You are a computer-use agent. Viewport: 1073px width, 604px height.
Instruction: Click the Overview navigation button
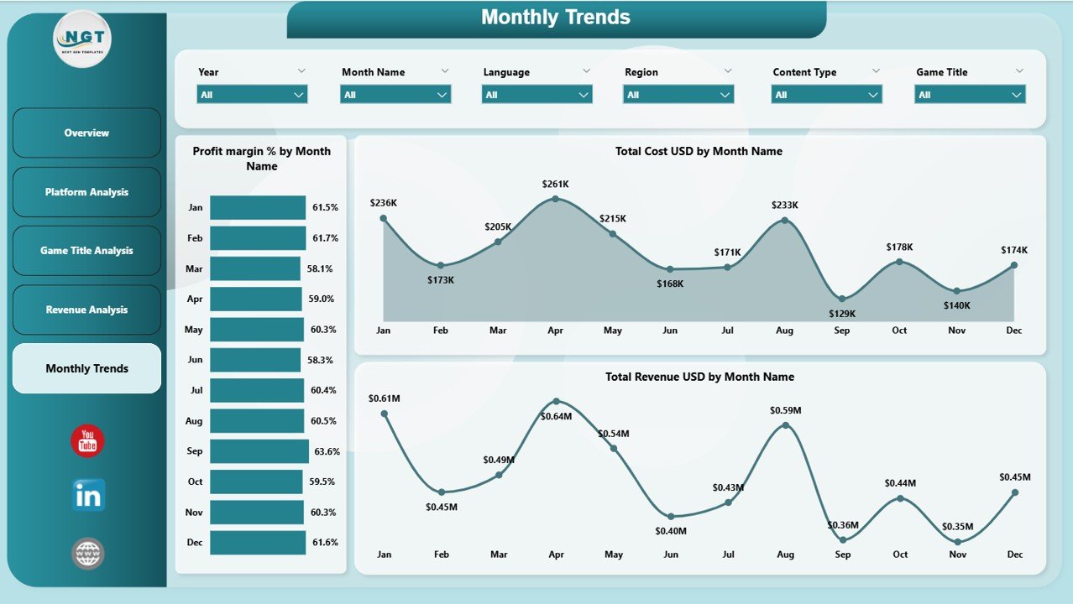coord(86,133)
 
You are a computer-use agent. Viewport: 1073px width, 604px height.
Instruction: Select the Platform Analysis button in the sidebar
coord(86,192)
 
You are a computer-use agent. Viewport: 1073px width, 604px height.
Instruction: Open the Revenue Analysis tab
coord(86,310)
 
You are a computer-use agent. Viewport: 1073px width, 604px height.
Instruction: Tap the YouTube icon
coord(87,441)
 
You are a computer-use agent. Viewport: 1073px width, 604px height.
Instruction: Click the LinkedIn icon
coord(88,495)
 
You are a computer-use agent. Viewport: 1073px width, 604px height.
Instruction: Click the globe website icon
coord(87,554)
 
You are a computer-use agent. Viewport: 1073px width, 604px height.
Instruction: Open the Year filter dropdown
coord(252,95)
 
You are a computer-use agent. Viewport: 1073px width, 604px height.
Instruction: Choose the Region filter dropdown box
coord(678,95)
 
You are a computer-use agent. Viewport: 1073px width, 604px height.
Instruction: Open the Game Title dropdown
coord(970,95)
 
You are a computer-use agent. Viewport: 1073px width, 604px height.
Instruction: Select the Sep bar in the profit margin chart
coord(259,451)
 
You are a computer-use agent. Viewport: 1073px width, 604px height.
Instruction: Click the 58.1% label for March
coord(320,268)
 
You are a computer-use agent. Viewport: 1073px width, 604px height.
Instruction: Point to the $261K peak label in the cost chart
coord(555,184)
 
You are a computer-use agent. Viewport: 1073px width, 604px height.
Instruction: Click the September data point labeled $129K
coord(842,299)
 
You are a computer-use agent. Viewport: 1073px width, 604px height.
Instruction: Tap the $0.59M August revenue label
coord(785,410)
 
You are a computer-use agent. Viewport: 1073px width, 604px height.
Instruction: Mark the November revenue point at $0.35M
coord(957,542)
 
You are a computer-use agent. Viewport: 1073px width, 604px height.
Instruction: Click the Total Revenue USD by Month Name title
coord(699,377)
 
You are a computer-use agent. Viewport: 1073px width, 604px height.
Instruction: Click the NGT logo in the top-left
coord(81,39)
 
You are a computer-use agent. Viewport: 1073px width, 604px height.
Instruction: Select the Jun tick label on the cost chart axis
coord(669,331)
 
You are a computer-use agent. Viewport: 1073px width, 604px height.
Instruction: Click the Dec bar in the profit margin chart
coord(257,543)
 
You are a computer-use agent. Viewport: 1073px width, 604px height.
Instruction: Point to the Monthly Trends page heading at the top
coord(555,18)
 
